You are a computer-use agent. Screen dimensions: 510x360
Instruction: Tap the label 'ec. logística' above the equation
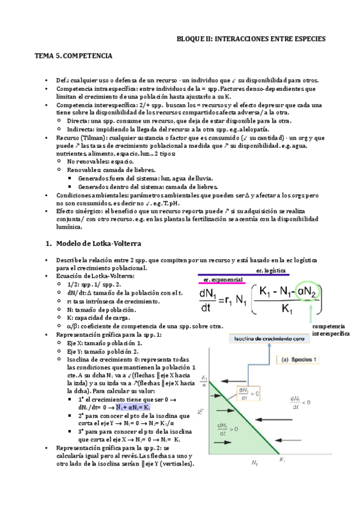[271, 271]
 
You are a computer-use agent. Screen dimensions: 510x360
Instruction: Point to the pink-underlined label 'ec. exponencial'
[222, 280]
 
